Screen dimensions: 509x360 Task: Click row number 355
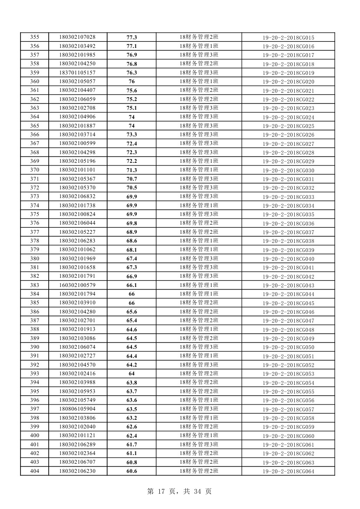pos(34,37)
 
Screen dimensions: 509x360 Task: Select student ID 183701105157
pos(77,73)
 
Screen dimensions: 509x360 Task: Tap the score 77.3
pos(131,37)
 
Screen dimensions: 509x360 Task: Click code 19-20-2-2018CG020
pos(288,82)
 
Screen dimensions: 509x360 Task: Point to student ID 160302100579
pos(77,285)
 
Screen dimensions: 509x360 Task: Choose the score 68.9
pos(131,232)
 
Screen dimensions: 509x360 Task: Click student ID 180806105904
pos(77,409)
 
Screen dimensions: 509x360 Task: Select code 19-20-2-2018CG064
pos(288,471)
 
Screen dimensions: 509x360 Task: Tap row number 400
pos(34,435)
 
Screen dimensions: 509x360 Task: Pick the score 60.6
pos(131,471)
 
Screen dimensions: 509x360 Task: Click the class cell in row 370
pos(199,170)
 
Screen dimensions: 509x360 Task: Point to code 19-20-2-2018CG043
pos(288,285)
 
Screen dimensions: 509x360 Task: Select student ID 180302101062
pos(77,250)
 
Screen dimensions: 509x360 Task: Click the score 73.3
pos(131,135)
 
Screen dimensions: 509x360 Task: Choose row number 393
pos(34,374)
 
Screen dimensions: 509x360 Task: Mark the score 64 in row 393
pos(131,374)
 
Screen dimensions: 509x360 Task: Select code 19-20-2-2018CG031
pos(288,179)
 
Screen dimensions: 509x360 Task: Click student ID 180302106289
pos(77,445)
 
